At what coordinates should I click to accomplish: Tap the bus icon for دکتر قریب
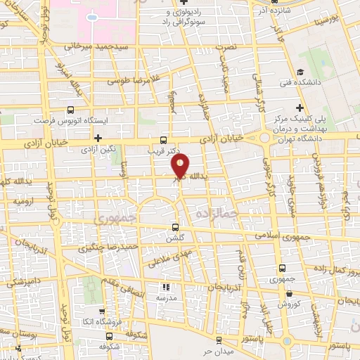[x=164, y=139]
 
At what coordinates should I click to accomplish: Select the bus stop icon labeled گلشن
[x=176, y=227]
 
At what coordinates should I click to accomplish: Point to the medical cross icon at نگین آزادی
[x=98, y=138]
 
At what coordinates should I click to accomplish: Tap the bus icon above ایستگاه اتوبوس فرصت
[x=70, y=110]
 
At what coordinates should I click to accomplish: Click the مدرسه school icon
[x=167, y=287]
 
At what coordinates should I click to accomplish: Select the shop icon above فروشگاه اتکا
[x=103, y=311]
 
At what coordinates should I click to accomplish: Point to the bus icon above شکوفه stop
[x=109, y=337]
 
